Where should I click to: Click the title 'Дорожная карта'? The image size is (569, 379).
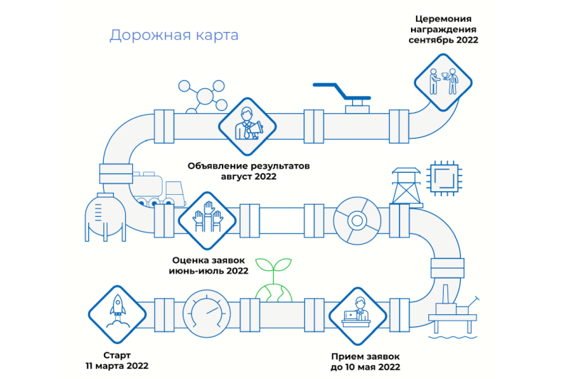click(174, 35)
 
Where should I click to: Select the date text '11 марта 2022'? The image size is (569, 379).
click(117, 366)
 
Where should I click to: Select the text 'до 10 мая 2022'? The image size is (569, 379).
click(366, 367)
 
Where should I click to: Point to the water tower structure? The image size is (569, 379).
click(405, 186)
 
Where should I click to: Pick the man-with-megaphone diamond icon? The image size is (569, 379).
click(245, 127)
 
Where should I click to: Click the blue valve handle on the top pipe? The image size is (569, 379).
click(341, 90)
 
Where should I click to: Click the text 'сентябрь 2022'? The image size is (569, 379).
click(443, 41)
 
